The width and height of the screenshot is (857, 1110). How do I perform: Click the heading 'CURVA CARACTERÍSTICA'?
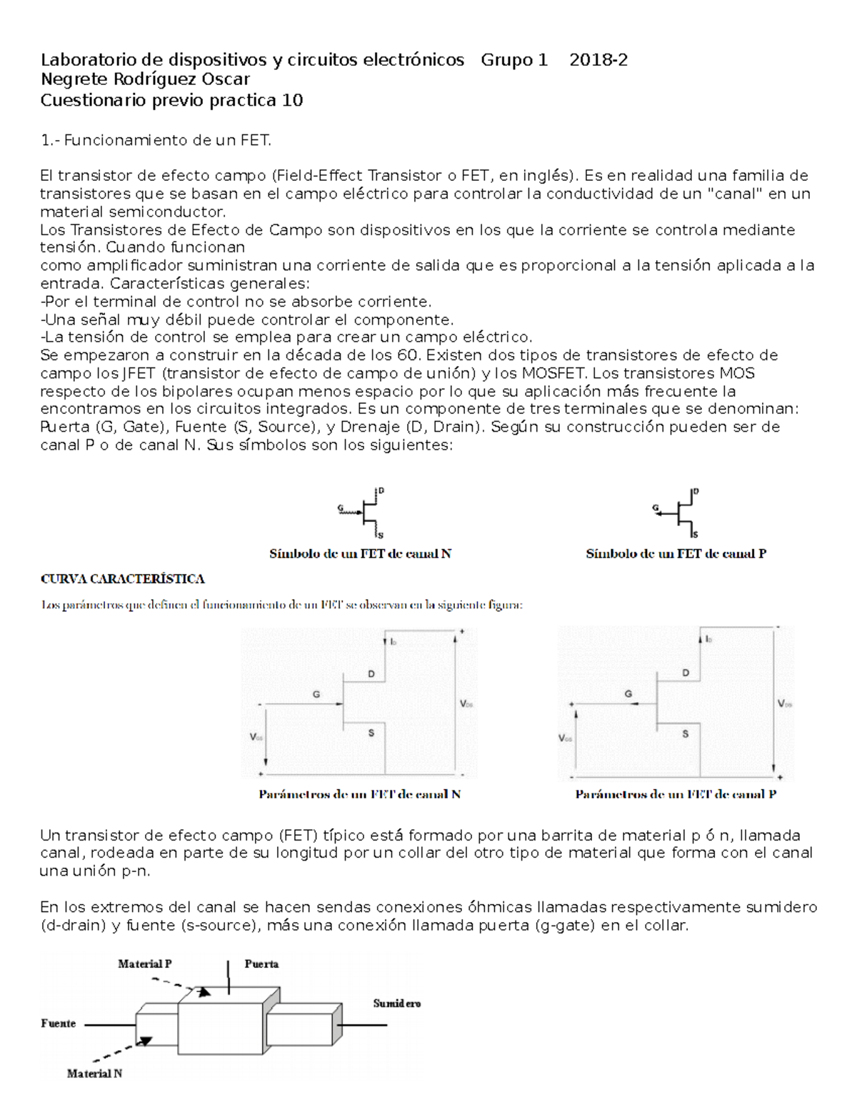point(122,579)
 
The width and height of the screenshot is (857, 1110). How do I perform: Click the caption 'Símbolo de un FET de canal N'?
point(360,554)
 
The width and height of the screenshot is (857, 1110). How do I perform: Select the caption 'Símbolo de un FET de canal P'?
point(676,554)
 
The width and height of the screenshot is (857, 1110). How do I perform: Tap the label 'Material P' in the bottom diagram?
point(144,963)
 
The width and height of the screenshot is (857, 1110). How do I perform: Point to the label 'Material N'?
point(94,1073)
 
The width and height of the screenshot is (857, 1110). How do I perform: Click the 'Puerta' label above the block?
point(261,963)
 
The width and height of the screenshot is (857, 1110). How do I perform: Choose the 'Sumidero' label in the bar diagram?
point(396,1004)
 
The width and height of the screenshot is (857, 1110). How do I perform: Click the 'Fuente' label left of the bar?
point(58,1024)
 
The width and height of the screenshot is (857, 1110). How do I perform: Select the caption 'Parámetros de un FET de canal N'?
point(359,794)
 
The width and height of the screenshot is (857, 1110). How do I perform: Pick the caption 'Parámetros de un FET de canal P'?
point(676,794)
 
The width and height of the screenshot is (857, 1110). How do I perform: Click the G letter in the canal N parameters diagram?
point(316,695)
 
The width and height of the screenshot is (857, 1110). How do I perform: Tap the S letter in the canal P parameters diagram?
point(686,734)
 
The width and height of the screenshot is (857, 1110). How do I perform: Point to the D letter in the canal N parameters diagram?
point(371,674)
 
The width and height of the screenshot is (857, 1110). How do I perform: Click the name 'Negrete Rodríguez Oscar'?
point(145,79)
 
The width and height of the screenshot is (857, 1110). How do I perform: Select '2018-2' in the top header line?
point(598,60)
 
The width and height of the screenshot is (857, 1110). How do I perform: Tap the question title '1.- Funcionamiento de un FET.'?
point(156,141)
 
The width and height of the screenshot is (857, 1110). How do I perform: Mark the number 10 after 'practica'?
point(293,101)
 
